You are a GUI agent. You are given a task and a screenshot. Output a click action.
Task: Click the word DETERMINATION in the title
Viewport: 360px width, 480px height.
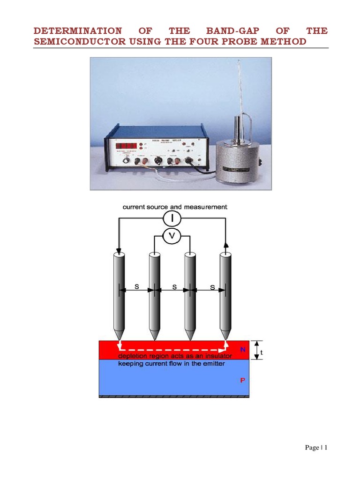[x=78, y=31]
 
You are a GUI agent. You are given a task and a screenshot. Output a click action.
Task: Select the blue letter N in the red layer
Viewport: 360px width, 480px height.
[x=243, y=349]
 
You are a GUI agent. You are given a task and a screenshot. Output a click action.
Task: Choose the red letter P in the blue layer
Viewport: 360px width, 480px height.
[x=243, y=381]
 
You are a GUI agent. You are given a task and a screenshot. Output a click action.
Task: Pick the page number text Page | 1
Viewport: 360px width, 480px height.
[x=316, y=448]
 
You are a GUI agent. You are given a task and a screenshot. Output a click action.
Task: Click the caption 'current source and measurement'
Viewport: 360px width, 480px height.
[x=175, y=206]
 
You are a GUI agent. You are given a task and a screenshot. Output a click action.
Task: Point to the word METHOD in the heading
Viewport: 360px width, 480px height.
[x=284, y=42]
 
